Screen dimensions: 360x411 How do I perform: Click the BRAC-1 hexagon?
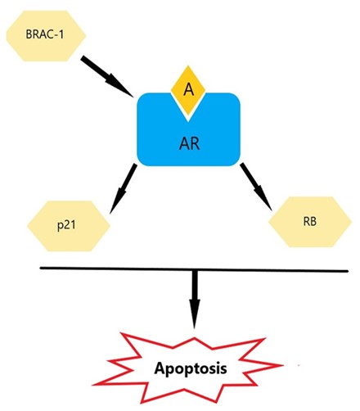[x=46, y=36]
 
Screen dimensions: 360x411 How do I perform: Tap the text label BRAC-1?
[x=45, y=34]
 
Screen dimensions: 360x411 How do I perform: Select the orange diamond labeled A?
[x=188, y=89]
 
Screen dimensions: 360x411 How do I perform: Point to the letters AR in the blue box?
[x=190, y=143]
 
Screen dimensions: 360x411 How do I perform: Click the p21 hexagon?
[x=69, y=226]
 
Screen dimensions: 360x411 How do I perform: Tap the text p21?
[x=66, y=226]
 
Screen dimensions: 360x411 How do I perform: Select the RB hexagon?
[x=310, y=222]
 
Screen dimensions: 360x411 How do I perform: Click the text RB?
[x=310, y=221]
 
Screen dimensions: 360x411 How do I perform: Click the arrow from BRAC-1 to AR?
[x=107, y=76]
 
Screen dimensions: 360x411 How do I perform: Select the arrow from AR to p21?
[x=123, y=188]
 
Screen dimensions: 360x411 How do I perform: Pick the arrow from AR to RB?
[x=256, y=187]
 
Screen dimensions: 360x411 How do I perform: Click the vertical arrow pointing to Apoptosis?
[x=195, y=299]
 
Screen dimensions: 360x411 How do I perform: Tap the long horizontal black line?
[x=194, y=269]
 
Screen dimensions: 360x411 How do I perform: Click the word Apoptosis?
[x=191, y=368]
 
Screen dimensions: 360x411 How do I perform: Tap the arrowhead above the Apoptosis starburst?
[x=195, y=314]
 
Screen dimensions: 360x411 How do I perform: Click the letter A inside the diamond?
[x=188, y=89]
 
